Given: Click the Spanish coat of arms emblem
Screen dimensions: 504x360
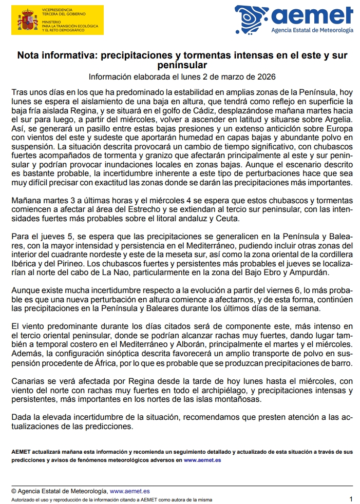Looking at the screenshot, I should [x=24, y=21].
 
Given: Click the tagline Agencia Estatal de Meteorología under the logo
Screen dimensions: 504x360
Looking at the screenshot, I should [x=312, y=30].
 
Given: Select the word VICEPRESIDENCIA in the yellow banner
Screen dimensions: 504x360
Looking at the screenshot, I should [x=57, y=9].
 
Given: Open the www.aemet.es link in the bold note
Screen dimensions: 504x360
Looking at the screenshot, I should [x=202, y=460].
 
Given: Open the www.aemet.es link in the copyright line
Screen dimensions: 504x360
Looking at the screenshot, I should [x=129, y=491].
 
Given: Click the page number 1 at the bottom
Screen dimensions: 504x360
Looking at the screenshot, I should [x=351, y=498].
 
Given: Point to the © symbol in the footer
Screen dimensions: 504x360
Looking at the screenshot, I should [x=14, y=491].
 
